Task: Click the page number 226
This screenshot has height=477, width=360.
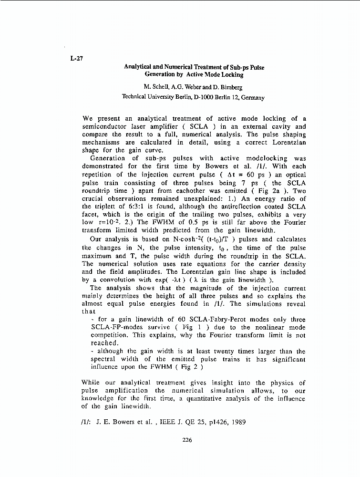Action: coord(187,440)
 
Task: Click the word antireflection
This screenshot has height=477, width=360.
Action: coord(231,207)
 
